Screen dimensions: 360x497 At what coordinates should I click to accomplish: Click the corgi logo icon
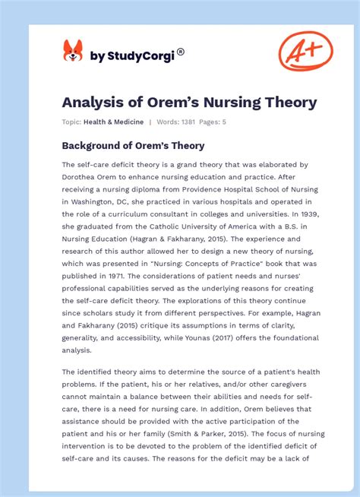[73, 52]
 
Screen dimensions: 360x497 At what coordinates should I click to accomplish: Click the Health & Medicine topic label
[113, 122]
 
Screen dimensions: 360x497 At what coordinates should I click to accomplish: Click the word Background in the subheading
[96, 145]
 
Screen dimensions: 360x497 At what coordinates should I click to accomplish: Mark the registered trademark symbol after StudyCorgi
[181, 52]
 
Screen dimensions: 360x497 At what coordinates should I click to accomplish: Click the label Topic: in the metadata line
[72, 122]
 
